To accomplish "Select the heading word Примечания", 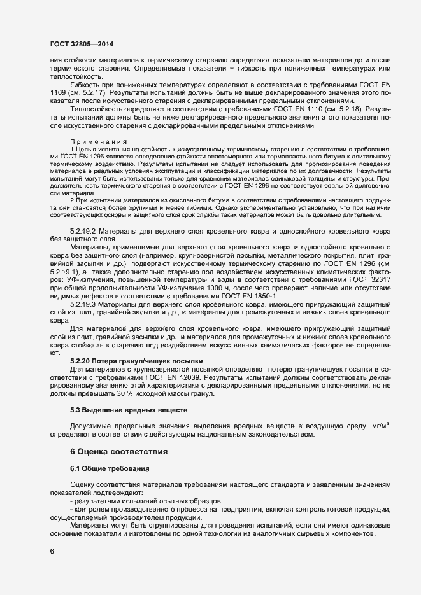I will pos(98,141).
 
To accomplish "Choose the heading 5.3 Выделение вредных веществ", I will pos(128,410).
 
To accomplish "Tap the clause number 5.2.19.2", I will pos(83,248).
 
